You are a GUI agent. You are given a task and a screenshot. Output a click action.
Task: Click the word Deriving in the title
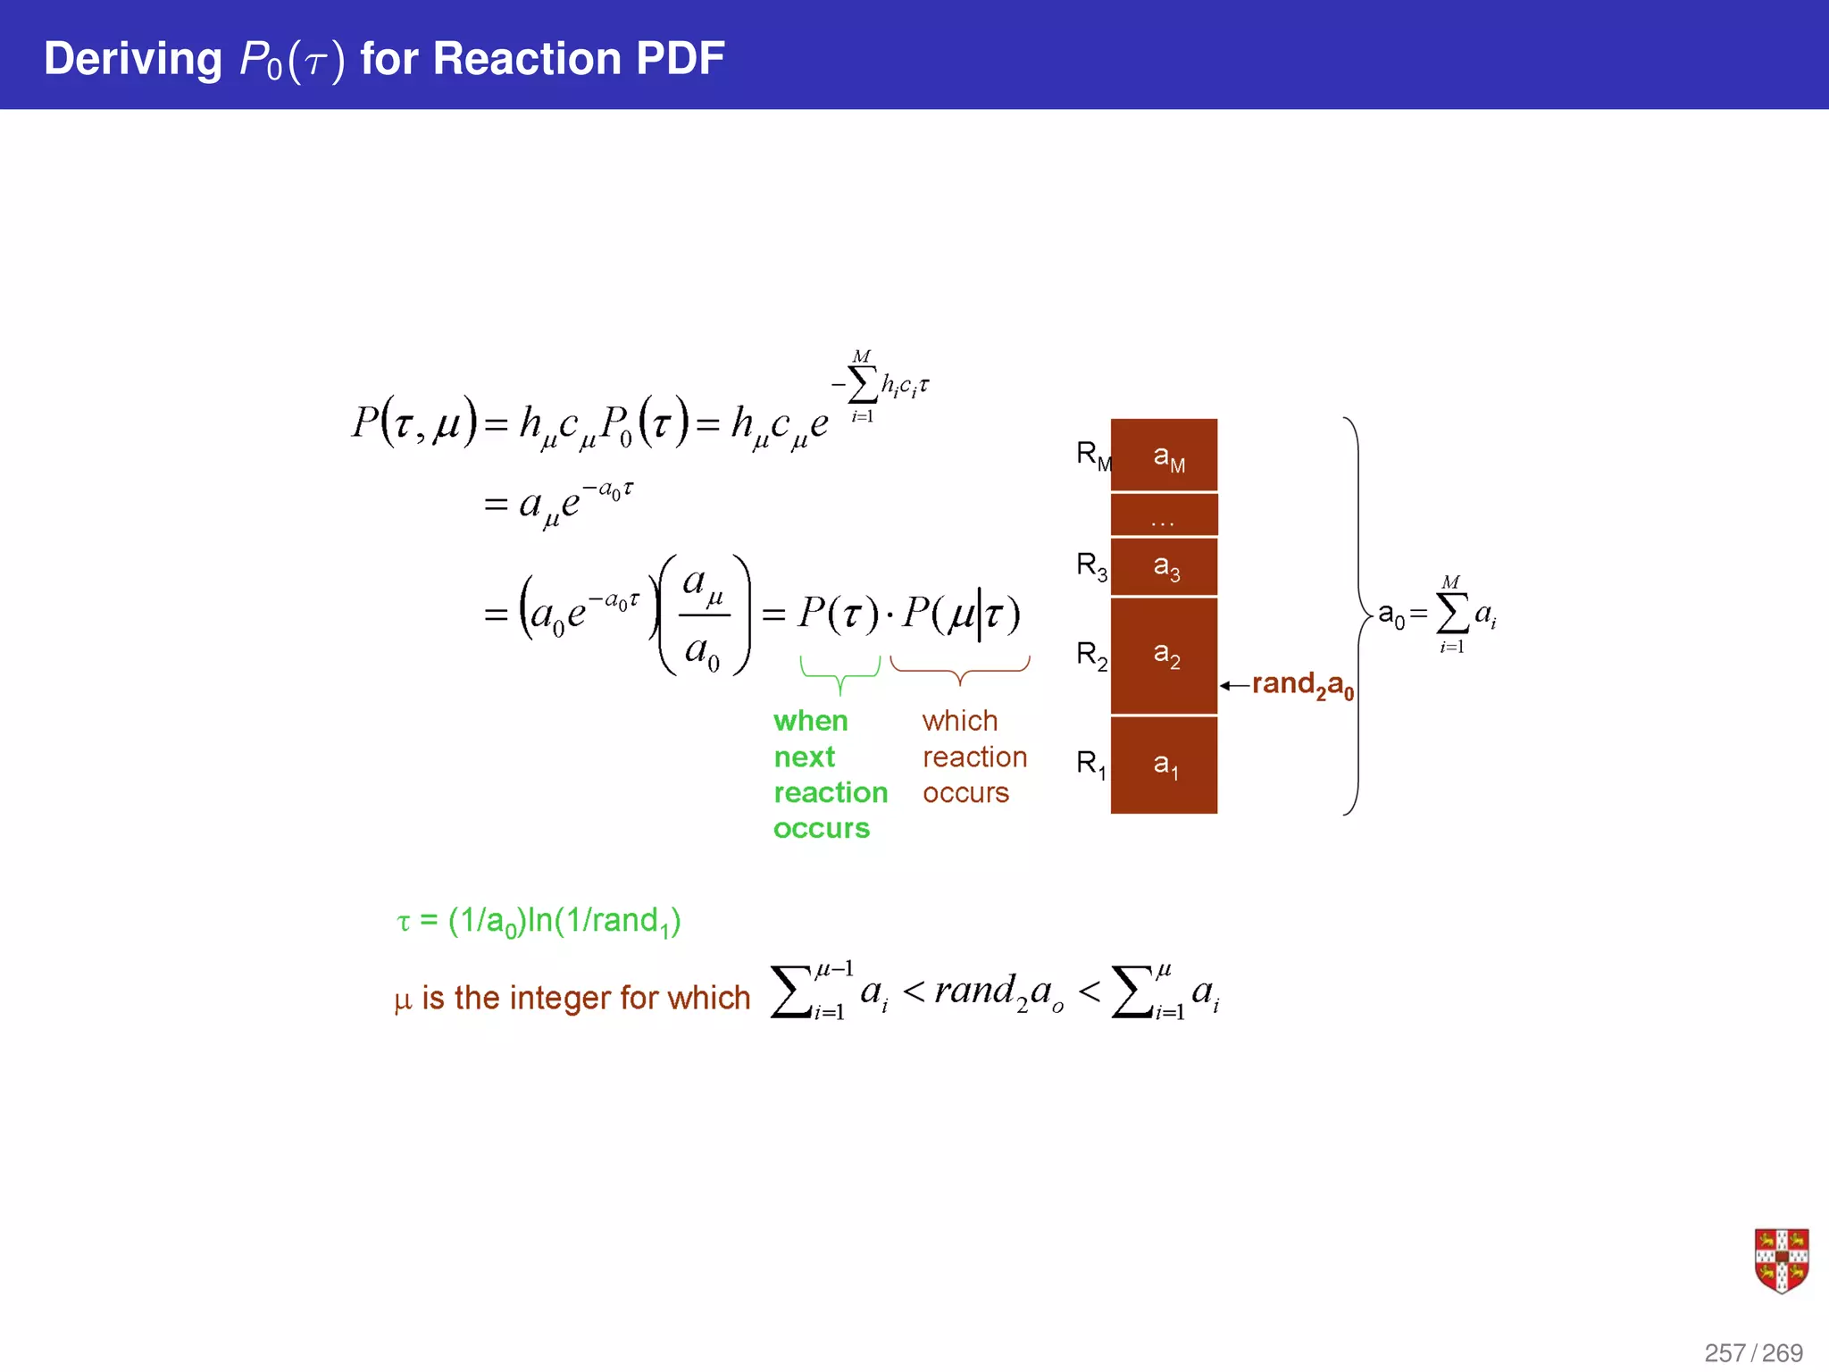[132, 59]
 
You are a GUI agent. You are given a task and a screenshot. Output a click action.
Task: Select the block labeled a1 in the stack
[1164, 765]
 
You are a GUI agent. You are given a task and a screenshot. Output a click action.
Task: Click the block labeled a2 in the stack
[1164, 656]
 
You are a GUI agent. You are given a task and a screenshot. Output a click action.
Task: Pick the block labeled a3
[1164, 566]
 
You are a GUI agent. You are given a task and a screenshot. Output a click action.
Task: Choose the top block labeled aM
[1164, 456]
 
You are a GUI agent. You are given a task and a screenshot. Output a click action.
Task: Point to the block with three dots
[1164, 515]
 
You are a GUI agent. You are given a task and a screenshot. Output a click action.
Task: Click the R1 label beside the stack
[1090, 765]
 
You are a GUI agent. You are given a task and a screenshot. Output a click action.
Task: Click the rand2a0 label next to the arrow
[1302, 685]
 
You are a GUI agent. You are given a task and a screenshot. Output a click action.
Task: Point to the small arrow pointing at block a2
[1234, 685]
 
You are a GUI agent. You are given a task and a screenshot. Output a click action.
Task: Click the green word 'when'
[810, 721]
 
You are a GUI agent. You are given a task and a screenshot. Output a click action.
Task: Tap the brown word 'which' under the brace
[959, 721]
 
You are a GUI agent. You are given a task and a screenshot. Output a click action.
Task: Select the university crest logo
[1781, 1260]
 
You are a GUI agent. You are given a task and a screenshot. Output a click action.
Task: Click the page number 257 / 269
[1753, 1352]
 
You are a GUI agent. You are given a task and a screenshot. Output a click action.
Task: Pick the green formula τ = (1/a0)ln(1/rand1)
[539, 921]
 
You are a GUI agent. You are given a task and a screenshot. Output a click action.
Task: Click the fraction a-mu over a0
[704, 615]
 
